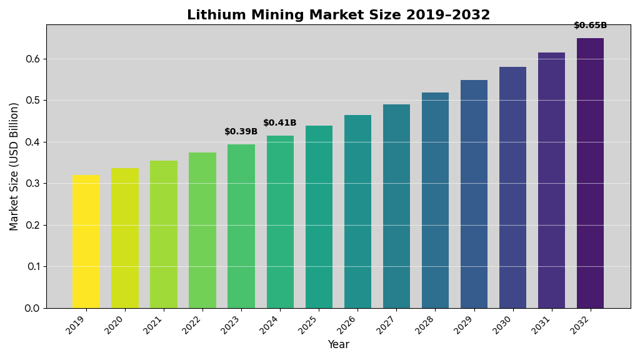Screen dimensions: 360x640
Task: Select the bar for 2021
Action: (164, 234)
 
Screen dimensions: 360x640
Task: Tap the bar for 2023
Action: (241, 226)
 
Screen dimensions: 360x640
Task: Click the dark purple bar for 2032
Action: (590, 173)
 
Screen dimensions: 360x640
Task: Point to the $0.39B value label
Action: (241, 132)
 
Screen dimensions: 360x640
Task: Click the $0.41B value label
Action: (280, 123)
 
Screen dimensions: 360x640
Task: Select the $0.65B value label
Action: (590, 26)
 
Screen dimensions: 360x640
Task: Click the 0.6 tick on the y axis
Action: (32, 59)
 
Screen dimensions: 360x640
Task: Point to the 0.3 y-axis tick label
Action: (32, 184)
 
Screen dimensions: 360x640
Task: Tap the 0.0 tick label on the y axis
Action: (32, 308)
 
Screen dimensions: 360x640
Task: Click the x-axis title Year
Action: (338, 344)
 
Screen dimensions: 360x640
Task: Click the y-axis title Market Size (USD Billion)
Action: (14, 166)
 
